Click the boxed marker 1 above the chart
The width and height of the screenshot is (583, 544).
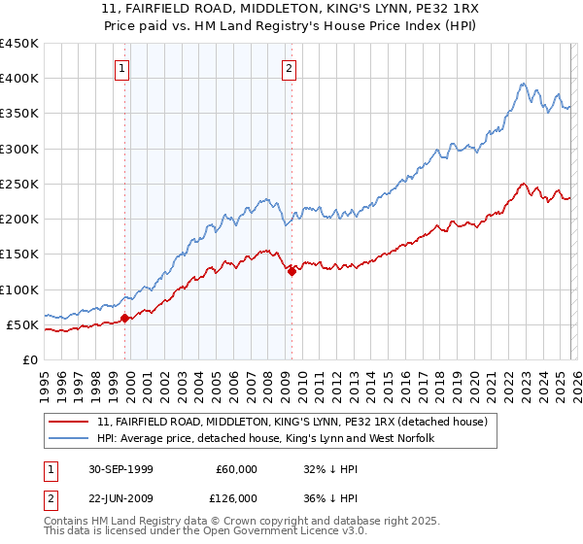tap(122, 69)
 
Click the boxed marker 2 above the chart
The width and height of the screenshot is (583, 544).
tap(290, 69)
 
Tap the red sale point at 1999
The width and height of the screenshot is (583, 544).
tap(124, 318)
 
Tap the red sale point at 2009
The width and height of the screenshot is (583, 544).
tap(291, 272)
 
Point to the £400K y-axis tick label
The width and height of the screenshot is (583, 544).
tap(18, 79)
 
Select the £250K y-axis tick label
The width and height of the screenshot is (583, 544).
tap(18, 184)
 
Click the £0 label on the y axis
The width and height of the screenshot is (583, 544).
tap(29, 359)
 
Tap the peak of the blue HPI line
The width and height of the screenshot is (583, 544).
tap(524, 84)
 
